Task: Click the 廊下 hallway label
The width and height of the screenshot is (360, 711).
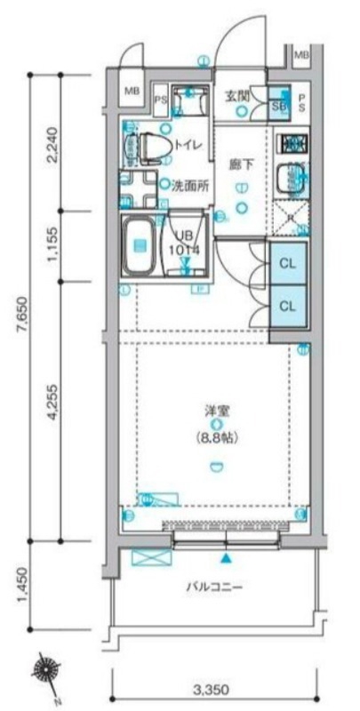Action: click(241, 164)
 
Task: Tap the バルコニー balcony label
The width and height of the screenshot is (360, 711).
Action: click(214, 587)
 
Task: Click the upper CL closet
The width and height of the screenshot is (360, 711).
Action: click(287, 264)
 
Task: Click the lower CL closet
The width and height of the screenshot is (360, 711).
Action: click(287, 306)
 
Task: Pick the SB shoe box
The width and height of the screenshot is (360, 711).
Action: click(276, 105)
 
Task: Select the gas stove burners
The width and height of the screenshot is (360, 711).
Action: click(292, 143)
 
